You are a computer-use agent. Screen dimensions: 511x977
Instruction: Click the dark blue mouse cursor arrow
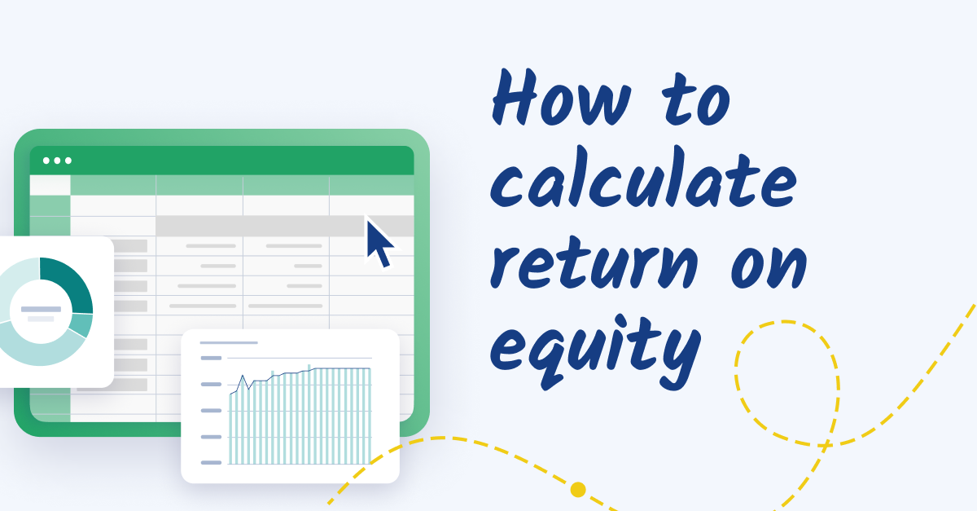click(378, 242)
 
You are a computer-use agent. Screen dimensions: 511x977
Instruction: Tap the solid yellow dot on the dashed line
click(578, 489)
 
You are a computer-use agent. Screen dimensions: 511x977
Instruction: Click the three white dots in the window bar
click(57, 161)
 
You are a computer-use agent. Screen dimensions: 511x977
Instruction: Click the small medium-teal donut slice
click(81, 325)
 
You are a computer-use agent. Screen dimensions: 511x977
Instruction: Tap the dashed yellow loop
click(786, 383)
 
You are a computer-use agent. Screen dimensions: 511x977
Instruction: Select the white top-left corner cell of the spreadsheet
click(50, 185)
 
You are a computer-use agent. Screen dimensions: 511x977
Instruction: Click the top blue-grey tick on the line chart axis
click(211, 358)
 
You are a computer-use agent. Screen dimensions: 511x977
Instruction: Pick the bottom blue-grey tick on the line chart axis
click(211, 462)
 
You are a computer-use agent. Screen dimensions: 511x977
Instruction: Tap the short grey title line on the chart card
click(229, 342)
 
